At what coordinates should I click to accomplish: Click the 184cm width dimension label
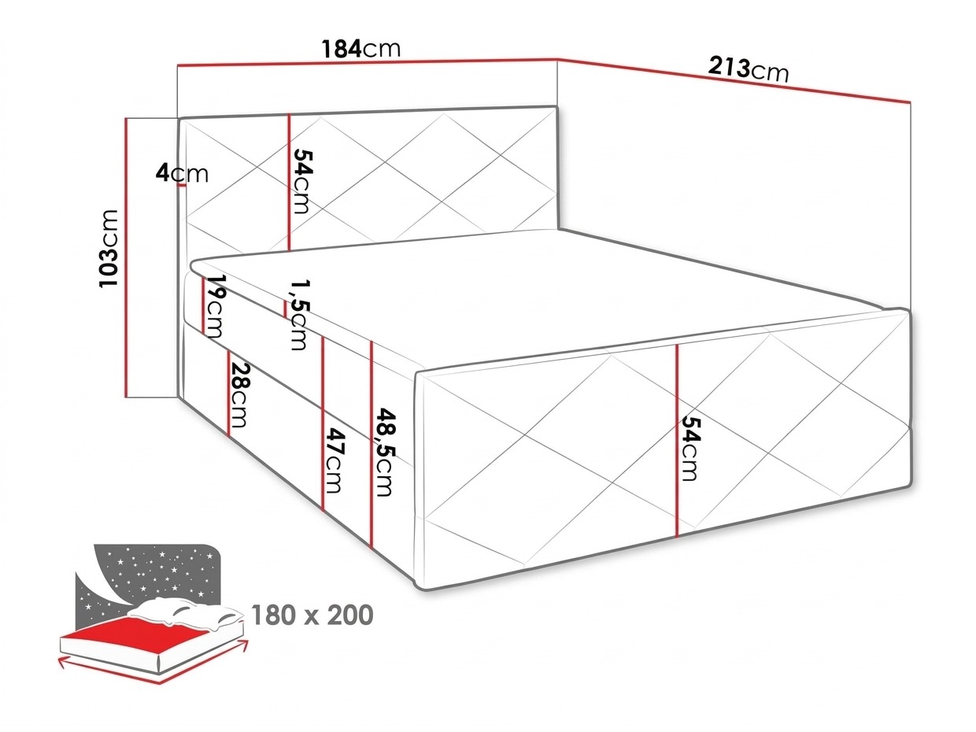click(x=360, y=49)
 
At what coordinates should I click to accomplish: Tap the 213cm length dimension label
click(x=748, y=70)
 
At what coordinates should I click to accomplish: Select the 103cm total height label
click(x=109, y=248)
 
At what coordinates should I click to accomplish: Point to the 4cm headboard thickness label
click(x=182, y=173)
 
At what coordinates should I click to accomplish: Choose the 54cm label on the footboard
click(x=691, y=448)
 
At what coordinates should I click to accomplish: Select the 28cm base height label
click(x=239, y=395)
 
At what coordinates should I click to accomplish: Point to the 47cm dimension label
click(x=335, y=460)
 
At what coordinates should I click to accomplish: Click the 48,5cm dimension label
click(x=384, y=452)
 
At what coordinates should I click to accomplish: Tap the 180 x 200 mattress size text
click(x=312, y=615)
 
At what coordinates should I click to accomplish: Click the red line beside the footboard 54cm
click(x=677, y=441)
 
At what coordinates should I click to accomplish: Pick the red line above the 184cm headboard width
click(x=368, y=61)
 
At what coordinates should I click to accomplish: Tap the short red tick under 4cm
click(x=182, y=185)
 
